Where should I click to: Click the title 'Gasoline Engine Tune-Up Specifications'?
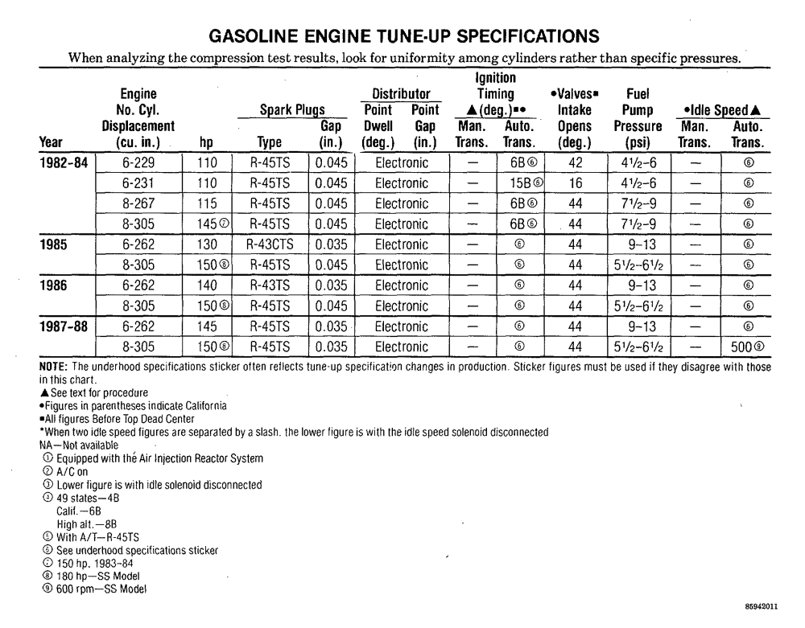coord(403,37)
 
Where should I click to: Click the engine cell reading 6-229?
coord(138,162)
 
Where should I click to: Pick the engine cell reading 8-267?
coord(138,203)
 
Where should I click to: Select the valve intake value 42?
coord(575,162)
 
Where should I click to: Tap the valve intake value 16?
coord(575,183)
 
